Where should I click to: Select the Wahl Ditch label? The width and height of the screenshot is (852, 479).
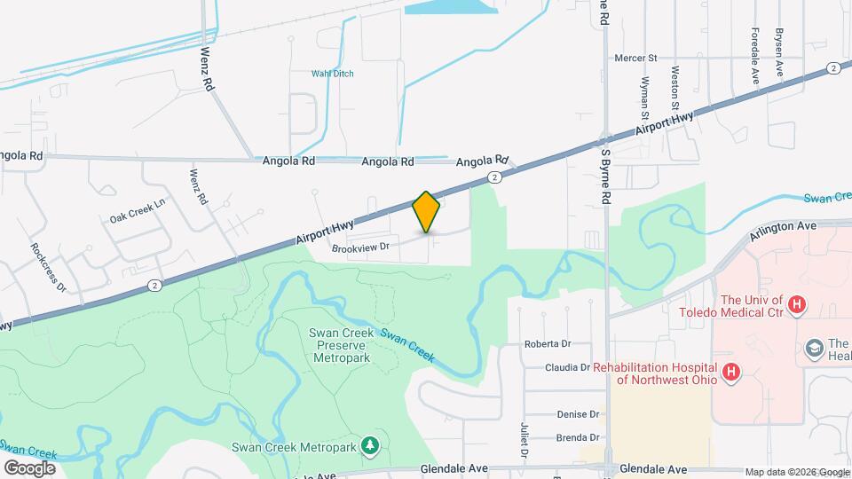(332, 74)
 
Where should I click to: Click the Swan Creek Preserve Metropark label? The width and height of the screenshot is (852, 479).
(339, 346)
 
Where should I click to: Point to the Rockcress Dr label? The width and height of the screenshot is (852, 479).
(49, 267)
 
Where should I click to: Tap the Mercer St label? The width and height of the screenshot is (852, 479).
(635, 59)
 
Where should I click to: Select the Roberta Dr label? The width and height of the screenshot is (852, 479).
(571, 343)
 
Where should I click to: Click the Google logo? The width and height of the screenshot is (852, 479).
(29, 467)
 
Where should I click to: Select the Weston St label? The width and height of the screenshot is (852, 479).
(676, 82)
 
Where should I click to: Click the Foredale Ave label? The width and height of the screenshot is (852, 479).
(754, 56)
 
